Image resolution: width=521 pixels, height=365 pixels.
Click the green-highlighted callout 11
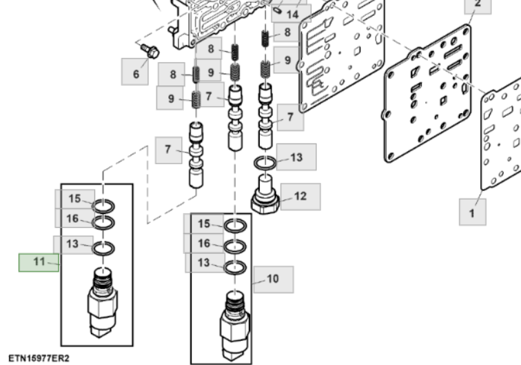39,262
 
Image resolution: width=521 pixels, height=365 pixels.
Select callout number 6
136,72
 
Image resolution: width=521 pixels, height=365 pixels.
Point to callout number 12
299,196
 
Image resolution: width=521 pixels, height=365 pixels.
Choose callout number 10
273,279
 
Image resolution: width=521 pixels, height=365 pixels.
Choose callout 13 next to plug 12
296,157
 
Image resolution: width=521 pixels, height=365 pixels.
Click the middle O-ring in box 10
234,247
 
